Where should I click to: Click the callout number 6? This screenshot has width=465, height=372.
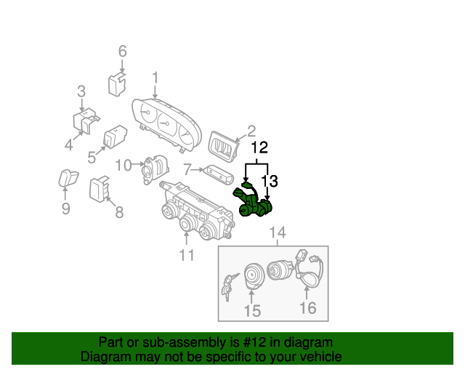pyautogui.click(x=123, y=52)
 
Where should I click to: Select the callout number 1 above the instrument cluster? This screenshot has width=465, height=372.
pyautogui.click(x=155, y=78)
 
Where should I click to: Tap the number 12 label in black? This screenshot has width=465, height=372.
pyautogui.click(x=259, y=147)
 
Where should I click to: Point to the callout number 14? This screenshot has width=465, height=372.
pyautogui.click(x=278, y=232)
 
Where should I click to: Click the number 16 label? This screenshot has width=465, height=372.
pyautogui.click(x=307, y=307)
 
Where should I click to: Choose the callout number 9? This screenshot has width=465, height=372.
pyautogui.click(x=66, y=209)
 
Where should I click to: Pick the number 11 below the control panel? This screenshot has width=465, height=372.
pyautogui.click(x=187, y=255)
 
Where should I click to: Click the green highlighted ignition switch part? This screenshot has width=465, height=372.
pyautogui.click(x=252, y=201)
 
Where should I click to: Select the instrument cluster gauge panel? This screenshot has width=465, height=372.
pyautogui.click(x=166, y=124)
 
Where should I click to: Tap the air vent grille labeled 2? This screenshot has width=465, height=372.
pyautogui.click(x=224, y=147)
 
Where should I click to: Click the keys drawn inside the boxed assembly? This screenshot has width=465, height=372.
pyautogui.click(x=229, y=286)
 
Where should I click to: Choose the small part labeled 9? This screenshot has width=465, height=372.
pyautogui.click(x=68, y=178)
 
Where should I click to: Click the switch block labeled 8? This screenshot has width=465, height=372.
pyautogui.click(x=100, y=189)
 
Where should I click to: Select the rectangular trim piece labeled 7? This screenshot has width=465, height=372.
pyautogui.click(x=219, y=174)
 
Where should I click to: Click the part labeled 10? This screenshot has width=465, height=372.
pyautogui.click(x=155, y=169)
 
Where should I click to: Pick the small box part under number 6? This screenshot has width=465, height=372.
pyautogui.click(x=117, y=84)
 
